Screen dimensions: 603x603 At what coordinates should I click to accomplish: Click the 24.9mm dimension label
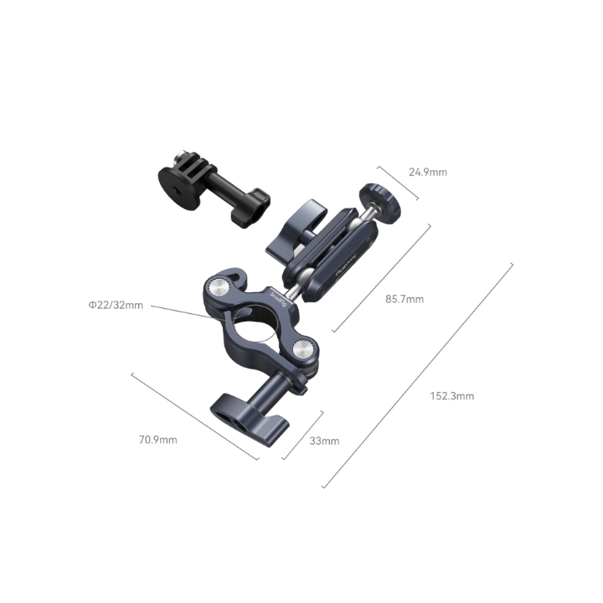click(427, 173)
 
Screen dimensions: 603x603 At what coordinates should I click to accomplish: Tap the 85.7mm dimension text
click(404, 299)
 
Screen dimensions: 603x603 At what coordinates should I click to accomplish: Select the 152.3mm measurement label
click(454, 396)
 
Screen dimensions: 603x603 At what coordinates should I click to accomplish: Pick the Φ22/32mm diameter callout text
click(116, 305)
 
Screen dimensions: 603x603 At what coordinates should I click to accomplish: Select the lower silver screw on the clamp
click(304, 350)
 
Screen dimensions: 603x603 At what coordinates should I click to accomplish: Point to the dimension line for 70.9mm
click(194, 415)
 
